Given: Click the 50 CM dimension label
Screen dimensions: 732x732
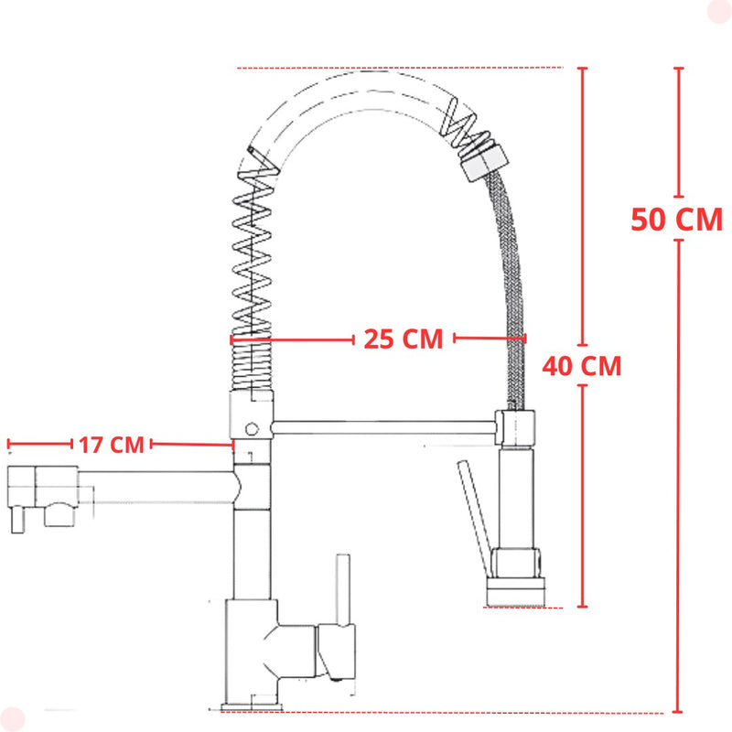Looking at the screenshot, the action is [x=676, y=219].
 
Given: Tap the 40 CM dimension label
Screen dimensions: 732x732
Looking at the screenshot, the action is [x=582, y=365].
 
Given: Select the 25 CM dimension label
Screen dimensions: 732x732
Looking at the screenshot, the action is [x=404, y=339].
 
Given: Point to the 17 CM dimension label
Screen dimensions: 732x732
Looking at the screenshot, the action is [x=112, y=445].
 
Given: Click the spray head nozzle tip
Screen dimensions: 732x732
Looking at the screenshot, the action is [x=515, y=592].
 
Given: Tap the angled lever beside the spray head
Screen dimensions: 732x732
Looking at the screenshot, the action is [x=474, y=518].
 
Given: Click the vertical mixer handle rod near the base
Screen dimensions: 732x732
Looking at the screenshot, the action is [x=344, y=590].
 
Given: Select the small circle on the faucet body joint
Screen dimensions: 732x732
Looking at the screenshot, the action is [x=253, y=428].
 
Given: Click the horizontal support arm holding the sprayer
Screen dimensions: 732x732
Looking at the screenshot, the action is [x=383, y=427].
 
